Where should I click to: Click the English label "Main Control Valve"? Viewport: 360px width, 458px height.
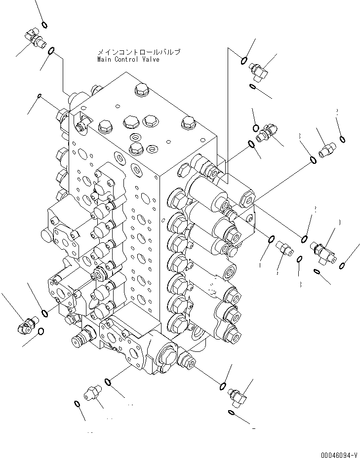(x=128, y=59)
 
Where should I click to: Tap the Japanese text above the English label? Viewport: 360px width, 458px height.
(x=139, y=52)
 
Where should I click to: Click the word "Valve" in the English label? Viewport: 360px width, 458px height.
(x=151, y=59)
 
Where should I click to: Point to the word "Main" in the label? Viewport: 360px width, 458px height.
(x=105, y=59)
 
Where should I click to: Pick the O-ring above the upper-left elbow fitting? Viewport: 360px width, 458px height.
(x=44, y=25)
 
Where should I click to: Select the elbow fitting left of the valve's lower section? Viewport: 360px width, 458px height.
(x=27, y=325)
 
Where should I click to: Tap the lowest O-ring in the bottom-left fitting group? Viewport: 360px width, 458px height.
(x=77, y=404)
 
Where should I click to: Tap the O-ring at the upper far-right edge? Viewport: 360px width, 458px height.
(x=342, y=139)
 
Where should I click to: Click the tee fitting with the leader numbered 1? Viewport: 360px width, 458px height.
(x=323, y=251)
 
